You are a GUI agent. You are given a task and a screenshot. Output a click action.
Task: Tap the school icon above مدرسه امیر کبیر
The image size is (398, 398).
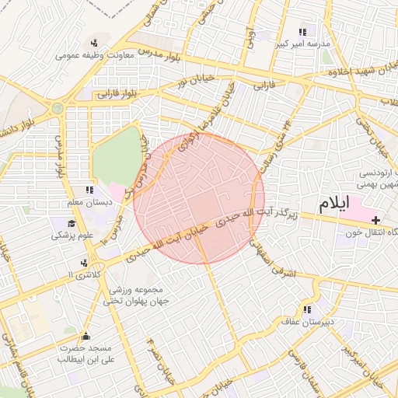[x=302, y=33]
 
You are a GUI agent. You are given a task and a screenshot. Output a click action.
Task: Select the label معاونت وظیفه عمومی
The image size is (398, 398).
[x=95, y=55]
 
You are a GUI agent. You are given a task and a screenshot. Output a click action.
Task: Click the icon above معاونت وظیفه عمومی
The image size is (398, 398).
[x=95, y=43]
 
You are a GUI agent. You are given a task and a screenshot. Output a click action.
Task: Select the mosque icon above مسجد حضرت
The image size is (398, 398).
[x=86, y=337]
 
